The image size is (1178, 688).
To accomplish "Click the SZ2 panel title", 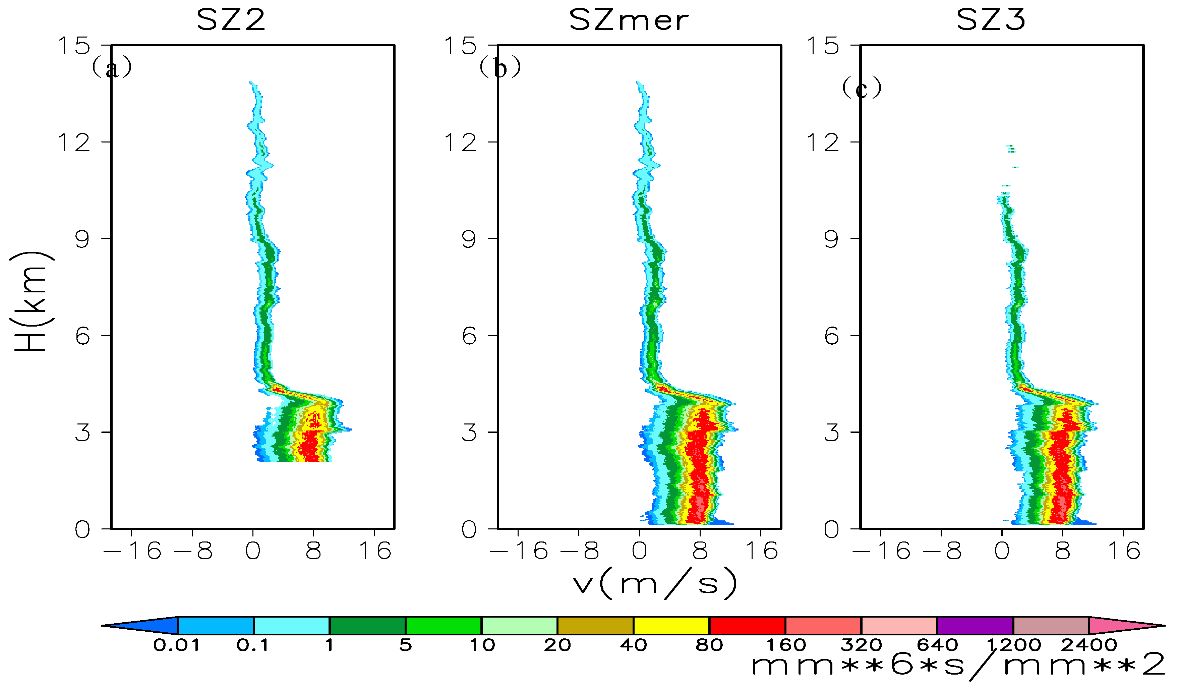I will pos(231,20).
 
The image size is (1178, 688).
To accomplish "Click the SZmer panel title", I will pos(629,20).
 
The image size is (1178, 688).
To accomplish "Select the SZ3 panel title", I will pos(991,20).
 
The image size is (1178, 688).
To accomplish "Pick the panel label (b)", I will pos(500,68).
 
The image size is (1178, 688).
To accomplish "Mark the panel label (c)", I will pos(862,88).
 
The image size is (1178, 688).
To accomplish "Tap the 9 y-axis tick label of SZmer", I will pos(469,239).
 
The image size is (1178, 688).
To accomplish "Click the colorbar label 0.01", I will pos(177,645).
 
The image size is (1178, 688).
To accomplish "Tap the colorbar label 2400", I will pos(1089,645).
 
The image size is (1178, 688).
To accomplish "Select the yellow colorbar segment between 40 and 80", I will pos(671,625).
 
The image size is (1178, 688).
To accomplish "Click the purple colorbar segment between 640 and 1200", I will pos(975,625).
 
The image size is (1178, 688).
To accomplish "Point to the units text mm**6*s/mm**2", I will pos(958,665).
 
